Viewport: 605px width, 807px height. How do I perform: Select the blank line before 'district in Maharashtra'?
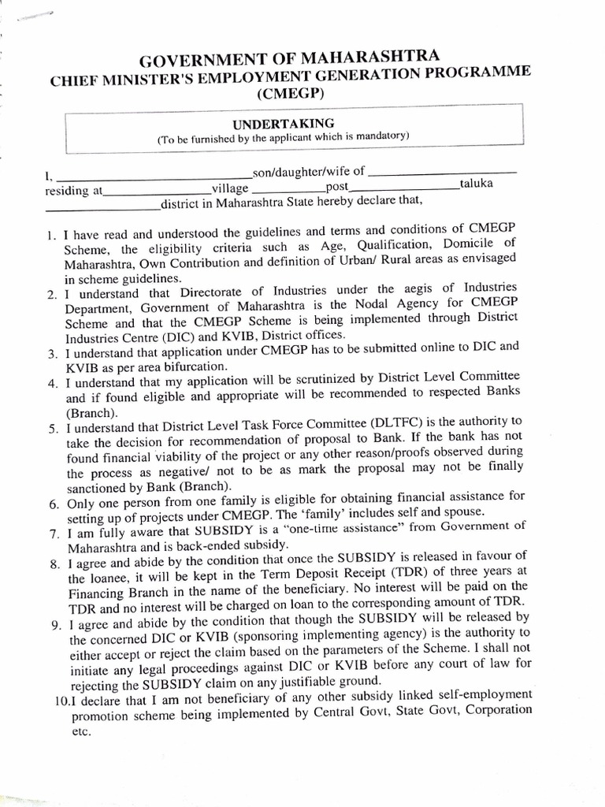[x=102, y=209]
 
